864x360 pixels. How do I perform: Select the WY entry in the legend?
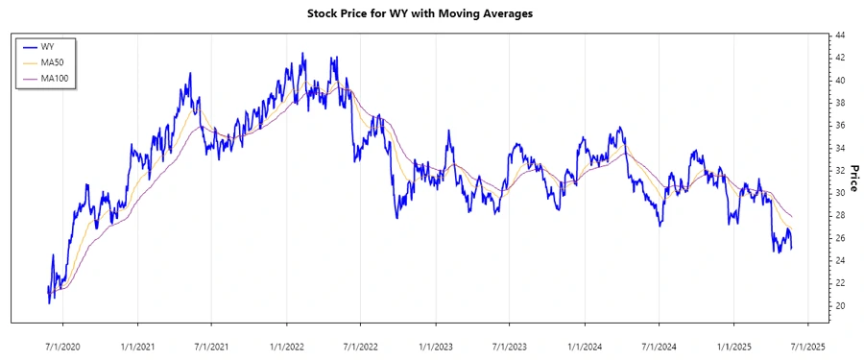47,46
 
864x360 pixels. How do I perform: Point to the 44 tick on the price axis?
839,36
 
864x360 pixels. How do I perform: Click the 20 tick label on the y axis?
839,305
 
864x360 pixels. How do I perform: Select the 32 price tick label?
839,171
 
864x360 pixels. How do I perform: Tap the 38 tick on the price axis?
839,103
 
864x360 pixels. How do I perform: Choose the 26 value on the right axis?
839,238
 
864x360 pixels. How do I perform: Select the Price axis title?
853,171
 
